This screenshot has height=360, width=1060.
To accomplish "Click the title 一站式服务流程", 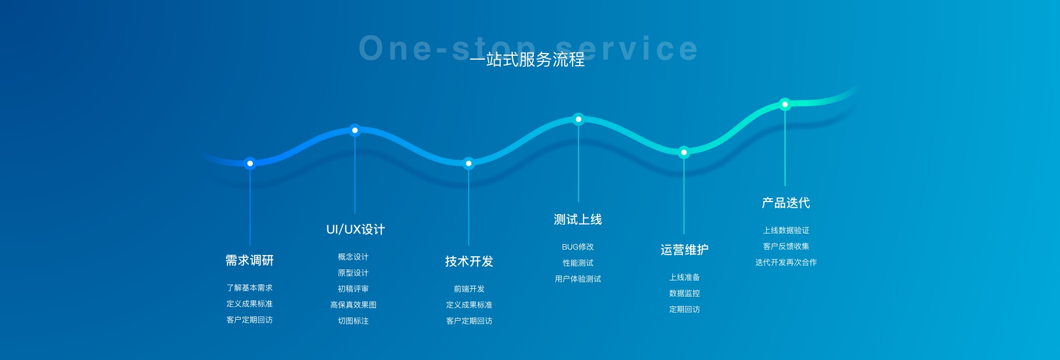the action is (x=527, y=59).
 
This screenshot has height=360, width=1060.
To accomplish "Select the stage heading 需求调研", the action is (x=250, y=260).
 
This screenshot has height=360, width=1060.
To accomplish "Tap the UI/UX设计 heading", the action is (x=356, y=229).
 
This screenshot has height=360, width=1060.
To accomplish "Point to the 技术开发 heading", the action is (x=469, y=261).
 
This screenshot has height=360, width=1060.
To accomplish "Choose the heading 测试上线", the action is (x=578, y=219).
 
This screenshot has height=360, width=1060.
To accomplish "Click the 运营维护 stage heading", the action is (x=685, y=250).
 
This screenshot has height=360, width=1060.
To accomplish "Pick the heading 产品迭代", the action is (x=786, y=203).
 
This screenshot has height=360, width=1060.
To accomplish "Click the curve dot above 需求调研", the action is (x=250, y=163).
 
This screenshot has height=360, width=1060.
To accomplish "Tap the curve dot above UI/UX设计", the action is (x=355, y=130).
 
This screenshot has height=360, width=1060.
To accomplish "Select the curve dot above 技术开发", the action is (x=469, y=163).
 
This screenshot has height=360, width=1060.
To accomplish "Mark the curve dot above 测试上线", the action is (x=579, y=119).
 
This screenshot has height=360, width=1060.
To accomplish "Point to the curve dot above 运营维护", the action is (x=684, y=152).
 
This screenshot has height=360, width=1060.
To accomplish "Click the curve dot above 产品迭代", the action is (x=785, y=104).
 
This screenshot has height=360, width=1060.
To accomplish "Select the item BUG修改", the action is (x=578, y=247).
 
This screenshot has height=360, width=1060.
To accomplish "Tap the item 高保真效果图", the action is (x=353, y=305).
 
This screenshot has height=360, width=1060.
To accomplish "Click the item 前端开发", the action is (x=469, y=289).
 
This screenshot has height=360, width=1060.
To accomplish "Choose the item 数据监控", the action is (x=685, y=293).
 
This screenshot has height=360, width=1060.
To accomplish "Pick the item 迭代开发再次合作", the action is (x=786, y=262).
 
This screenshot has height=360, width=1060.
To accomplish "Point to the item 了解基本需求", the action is (x=250, y=288).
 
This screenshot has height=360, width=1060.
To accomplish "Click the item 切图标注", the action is (x=353, y=321).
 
